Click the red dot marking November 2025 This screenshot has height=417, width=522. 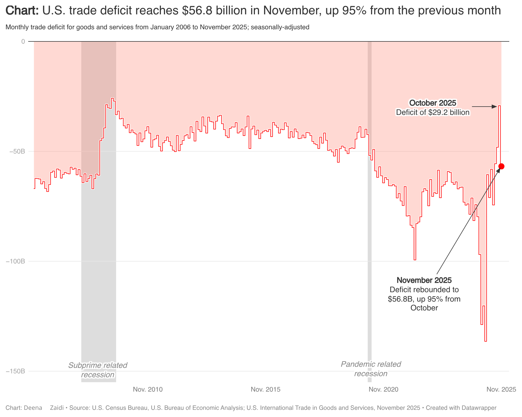pyautogui.click(x=501, y=166)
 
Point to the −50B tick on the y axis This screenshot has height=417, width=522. pyautogui.click(x=17, y=151)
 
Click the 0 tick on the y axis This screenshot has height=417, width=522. pyautogui.click(x=23, y=41)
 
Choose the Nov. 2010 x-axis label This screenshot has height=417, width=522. pyautogui.click(x=148, y=390)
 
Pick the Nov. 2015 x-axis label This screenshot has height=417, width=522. pyautogui.click(x=265, y=390)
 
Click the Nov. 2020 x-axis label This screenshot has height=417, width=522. pyautogui.click(x=383, y=390)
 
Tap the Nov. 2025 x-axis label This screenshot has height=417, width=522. pyautogui.click(x=501, y=390)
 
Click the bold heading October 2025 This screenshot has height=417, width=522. pyautogui.click(x=432, y=103)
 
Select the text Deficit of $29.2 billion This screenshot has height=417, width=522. pyautogui.click(x=432, y=112)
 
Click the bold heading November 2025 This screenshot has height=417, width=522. pyautogui.click(x=424, y=280)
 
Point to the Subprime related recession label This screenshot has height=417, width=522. pyautogui.click(x=98, y=370)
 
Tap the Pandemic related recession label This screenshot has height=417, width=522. pyautogui.click(x=370, y=369)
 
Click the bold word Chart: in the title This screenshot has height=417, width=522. pyautogui.click(x=22, y=11)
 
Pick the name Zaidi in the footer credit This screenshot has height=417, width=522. pyautogui.click(x=57, y=408)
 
